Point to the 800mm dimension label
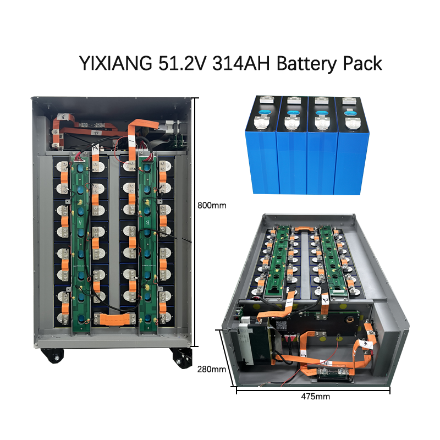[211, 205]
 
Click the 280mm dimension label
[211, 369]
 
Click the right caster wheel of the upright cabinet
[181, 357]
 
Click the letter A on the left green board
[80, 222]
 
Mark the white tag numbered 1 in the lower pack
[288, 304]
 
